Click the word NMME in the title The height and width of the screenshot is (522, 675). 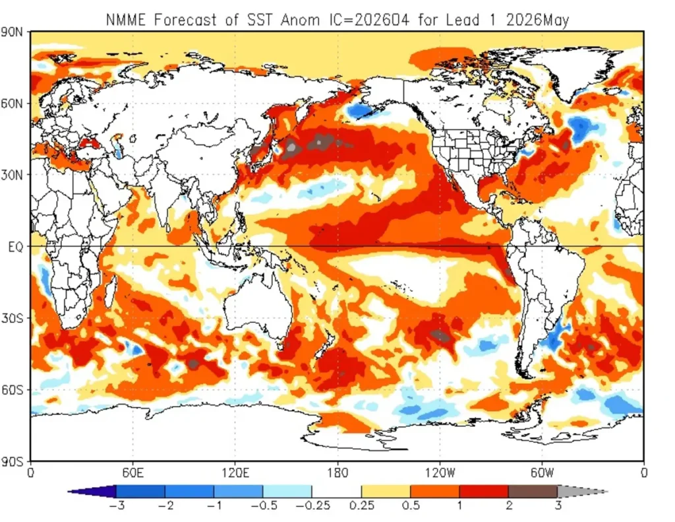pyautogui.click(x=127, y=20)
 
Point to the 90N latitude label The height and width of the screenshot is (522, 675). pyautogui.click(x=15, y=32)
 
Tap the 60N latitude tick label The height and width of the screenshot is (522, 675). pyautogui.click(x=15, y=104)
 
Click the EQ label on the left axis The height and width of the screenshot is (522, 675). pyautogui.click(x=16, y=247)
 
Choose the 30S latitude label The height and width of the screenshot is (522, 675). pyautogui.click(x=15, y=318)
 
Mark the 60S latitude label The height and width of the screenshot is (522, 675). pyautogui.click(x=15, y=389)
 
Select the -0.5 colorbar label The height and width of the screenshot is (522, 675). pyautogui.click(x=262, y=506)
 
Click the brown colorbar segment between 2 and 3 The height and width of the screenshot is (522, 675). pyautogui.click(x=533, y=492)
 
